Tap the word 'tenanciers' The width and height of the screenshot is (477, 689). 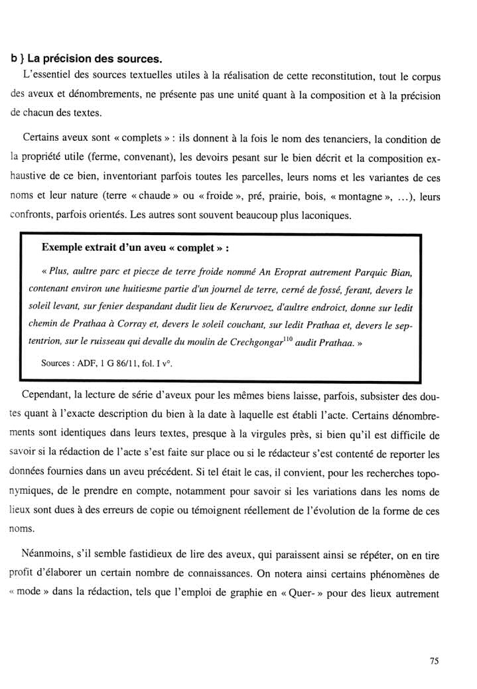(x=338, y=140)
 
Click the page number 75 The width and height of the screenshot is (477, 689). (x=435, y=660)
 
